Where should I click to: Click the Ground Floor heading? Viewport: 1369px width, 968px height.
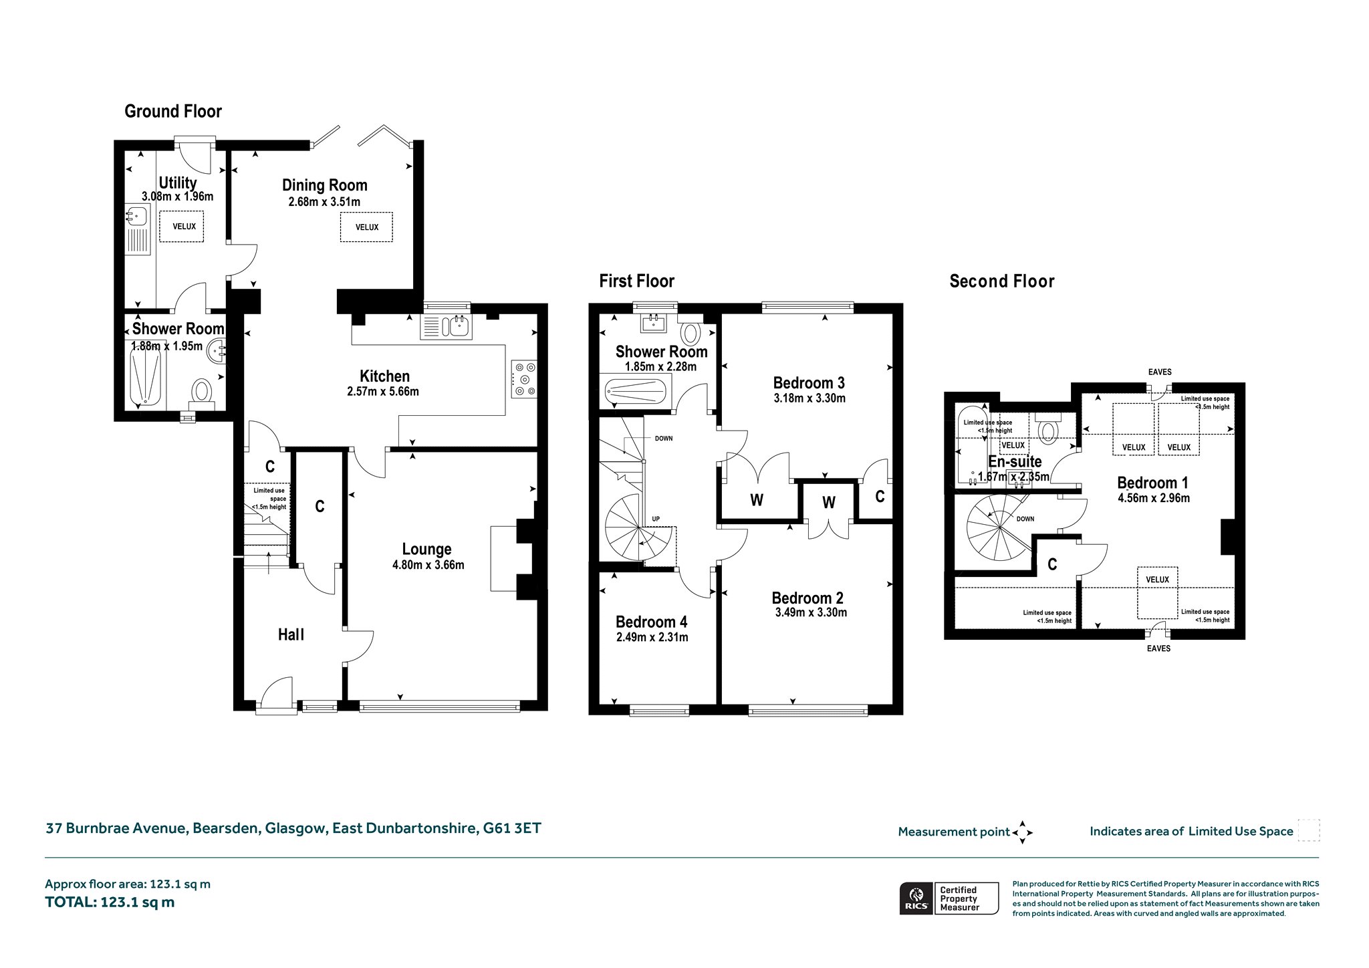[173, 111]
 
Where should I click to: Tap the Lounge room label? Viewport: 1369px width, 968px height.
[426, 549]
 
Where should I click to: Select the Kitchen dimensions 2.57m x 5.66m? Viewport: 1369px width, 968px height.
[383, 392]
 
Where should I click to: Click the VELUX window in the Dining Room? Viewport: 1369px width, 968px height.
[366, 227]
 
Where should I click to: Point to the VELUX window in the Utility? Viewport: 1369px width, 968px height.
[184, 227]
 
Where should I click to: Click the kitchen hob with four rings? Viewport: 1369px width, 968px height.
[523, 379]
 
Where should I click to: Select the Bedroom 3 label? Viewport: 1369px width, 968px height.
[809, 382]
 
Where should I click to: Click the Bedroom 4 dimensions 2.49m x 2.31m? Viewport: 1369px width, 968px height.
[652, 637]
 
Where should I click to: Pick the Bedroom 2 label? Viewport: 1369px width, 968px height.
[807, 598]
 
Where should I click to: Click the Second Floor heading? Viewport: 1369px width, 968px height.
[1002, 281]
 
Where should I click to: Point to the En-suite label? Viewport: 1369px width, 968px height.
[1015, 461]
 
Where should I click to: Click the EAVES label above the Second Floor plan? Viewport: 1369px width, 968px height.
[1160, 372]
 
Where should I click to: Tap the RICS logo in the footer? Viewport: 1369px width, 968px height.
[915, 898]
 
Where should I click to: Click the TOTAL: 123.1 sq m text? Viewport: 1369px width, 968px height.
[110, 902]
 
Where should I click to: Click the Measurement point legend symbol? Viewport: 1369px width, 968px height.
[1023, 832]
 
